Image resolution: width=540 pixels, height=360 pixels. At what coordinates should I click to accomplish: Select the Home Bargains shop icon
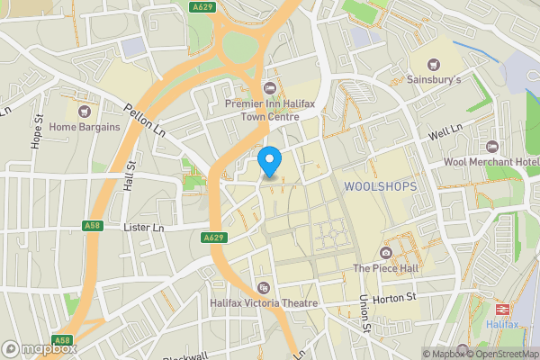click(x=84, y=112)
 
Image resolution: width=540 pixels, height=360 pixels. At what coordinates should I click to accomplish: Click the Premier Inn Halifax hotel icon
click(x=269, y=88)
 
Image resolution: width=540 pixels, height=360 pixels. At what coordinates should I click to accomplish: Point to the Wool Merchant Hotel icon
click(x=491, y=147)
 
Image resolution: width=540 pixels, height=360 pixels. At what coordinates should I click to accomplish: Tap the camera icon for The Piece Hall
click(x=386, y=252)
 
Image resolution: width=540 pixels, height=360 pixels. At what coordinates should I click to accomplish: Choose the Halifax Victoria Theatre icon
click(x=264, y=288)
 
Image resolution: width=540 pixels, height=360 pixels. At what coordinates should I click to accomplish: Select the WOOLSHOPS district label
click(x=380, y=186)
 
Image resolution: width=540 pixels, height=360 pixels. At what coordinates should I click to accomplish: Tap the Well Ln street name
click(x=445, y=133)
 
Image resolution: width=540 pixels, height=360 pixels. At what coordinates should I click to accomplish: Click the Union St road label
click(x=365, y=311)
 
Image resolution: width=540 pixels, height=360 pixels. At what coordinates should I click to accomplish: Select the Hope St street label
click(x=38, y=130)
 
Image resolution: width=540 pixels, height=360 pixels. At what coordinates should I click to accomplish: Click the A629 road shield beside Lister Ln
click(x=212, y=238)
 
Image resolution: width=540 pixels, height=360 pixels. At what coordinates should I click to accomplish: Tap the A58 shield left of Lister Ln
click(x=92, y=225)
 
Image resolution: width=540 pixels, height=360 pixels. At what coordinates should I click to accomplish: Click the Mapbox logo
click(x=39, y=348)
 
